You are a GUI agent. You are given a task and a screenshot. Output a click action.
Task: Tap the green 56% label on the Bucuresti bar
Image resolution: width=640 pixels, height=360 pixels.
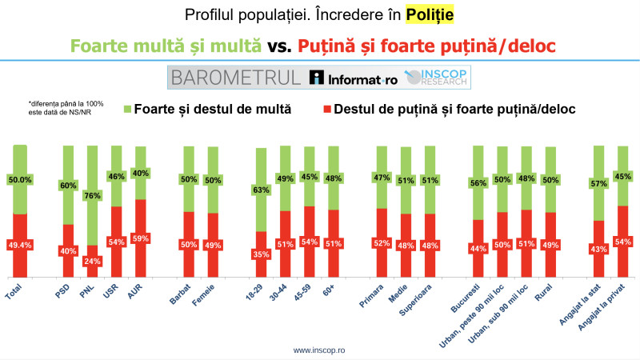478,182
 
